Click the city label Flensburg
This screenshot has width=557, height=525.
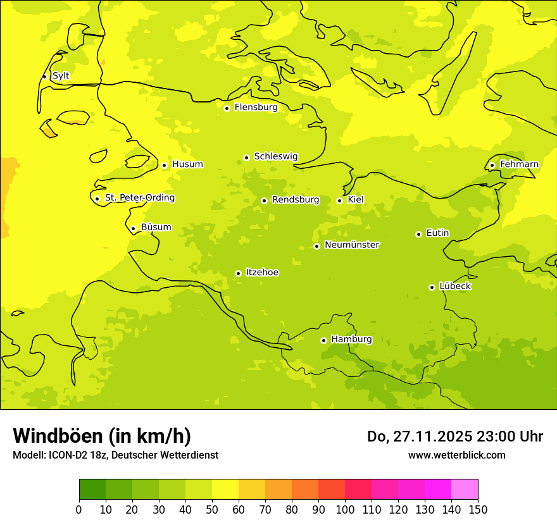256,108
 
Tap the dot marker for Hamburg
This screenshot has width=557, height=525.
323,340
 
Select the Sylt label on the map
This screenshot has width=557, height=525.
61,76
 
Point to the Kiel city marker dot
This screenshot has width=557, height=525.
339,201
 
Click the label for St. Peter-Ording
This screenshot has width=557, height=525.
140,198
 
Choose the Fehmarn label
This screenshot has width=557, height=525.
519,164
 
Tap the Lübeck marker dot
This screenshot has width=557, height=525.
432,287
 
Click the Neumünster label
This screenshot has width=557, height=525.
352,245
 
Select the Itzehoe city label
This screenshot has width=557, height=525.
262,273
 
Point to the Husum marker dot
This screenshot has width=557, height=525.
164,165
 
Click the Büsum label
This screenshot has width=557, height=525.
156,227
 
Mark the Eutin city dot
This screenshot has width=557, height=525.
418,234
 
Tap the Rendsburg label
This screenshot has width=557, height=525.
296,200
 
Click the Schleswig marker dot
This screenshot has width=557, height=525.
246,157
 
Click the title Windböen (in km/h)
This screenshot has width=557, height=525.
102,436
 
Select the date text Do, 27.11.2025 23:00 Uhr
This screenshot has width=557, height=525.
455,436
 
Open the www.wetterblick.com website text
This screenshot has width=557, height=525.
456,455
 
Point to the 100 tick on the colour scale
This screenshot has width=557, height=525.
345,509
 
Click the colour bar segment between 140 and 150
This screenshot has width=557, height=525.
465,490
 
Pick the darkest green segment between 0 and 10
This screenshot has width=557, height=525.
92,490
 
